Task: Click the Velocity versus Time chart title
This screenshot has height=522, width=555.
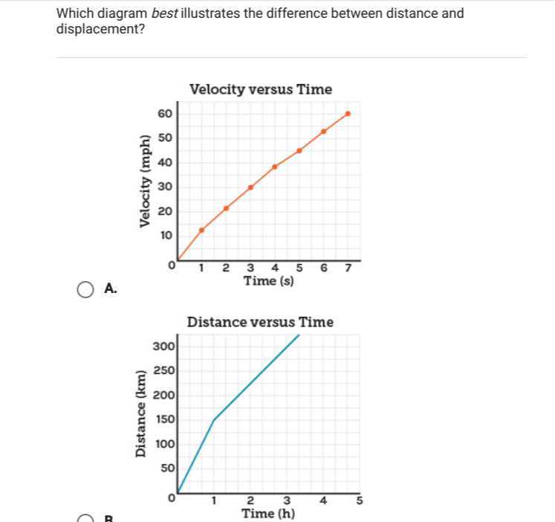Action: [261, 89]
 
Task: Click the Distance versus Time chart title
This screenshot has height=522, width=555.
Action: [260, 322]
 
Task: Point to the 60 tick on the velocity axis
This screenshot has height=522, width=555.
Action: [165, 113]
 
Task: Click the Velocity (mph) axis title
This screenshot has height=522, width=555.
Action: [146, 181]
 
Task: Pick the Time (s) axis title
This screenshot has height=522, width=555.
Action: [269, 281]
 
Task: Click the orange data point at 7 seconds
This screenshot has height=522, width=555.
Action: [348, 114]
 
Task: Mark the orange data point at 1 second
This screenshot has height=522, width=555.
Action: [201, 230]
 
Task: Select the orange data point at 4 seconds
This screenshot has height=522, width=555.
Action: [275, 167]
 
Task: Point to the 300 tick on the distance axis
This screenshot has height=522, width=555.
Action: [163, 346]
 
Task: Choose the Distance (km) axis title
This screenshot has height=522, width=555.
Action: [140, 413]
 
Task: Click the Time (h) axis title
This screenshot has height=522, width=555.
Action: [268, 513]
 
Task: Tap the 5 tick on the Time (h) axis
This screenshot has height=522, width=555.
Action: [360, 500]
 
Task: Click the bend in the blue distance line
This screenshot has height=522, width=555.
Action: [214, 420]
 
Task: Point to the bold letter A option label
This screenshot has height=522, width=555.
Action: [111, 289]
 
